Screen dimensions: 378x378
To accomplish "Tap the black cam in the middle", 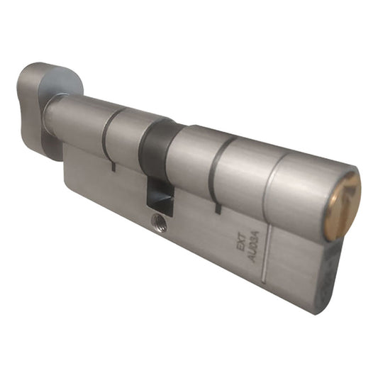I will (x=157, y=152).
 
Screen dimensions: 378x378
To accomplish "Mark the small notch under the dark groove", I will (x=216, y=209).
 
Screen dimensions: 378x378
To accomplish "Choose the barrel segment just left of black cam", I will (x=128, y=139).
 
